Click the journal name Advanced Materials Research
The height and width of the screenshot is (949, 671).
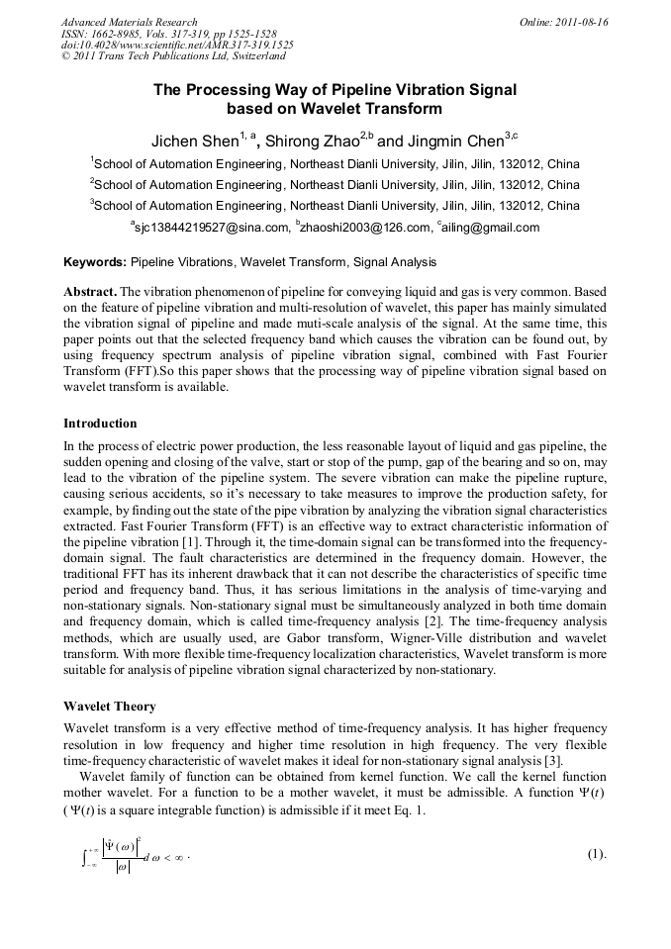click(x=129, y=22)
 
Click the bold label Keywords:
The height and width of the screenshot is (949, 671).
click(x=94, y=263)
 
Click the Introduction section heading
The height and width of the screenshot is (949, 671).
click(x=104, y=423)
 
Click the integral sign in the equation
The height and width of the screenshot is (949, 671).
click(x=86, y=855)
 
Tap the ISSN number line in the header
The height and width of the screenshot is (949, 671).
click(x=168, y=34)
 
